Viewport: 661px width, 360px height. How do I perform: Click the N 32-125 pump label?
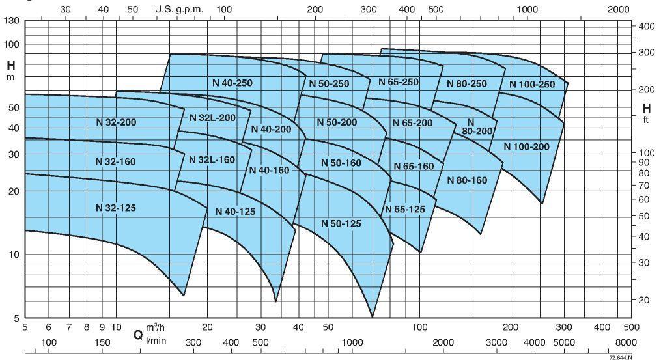pos(116,208)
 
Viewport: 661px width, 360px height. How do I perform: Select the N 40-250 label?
pos(232,83)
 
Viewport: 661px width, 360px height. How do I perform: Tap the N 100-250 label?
pos(531,84)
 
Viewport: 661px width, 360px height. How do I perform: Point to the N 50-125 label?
pos(341,223)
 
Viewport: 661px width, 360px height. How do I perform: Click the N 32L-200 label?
pos(212,118)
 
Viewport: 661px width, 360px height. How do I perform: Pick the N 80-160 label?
pos(467,180)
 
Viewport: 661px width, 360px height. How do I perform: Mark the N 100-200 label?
pos(526,146)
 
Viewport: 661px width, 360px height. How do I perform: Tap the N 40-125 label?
pos(235,211)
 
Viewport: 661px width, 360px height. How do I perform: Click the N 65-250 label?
pos(398,82)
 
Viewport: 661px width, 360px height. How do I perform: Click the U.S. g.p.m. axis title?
pos(180,10)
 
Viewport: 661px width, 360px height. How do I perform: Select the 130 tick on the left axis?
pos(12,21)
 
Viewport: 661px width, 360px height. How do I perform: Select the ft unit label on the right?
pos(646,118)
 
